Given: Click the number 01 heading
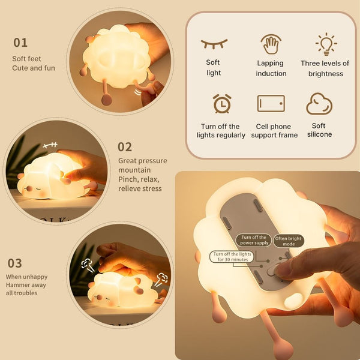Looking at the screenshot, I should pyautogui.click(x=20, y=43).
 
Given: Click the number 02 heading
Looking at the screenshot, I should pyautogui.click(x=125, y=147).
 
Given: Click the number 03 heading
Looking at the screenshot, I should pyautogui.click(x=14, y=263).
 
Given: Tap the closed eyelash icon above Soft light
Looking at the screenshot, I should pyautogui.click(x=214, y=44).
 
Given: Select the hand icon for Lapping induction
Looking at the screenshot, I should pyautogui.click(x=271, y=44).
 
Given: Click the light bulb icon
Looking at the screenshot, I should pyautogui.click(x=326, y=44).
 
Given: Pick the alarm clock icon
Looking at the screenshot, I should pyautogui.click(x=221, y=104).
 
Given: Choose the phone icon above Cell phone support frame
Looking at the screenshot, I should pyautogui.click(x=271, y=103).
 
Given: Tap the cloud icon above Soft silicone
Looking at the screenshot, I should pyautogui.click(x=319, y=104).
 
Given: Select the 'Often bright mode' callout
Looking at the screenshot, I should pyautogui.click(x=289, y=241).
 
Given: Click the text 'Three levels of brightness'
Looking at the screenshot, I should pyautogui.click(x=325, y=68).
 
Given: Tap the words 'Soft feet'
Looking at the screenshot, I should pyautogui.click(x=26, y=59).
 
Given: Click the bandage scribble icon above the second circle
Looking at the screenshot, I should pyautogui.click(x=50, y=146).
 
